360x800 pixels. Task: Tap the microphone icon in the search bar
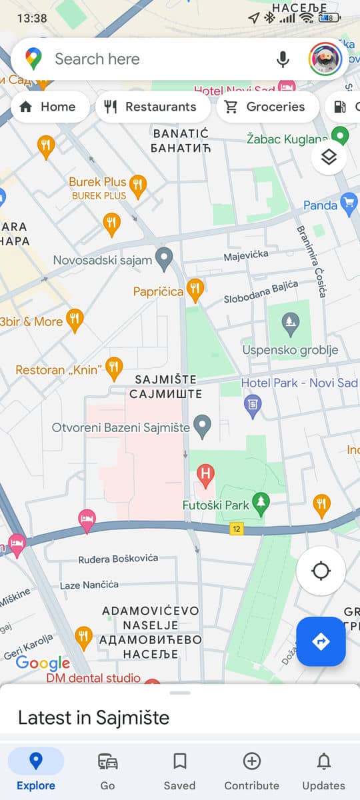(283, 59)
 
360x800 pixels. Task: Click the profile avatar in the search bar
(325, 59)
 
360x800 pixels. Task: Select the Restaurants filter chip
(153, 107)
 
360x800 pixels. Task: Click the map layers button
(329, 157)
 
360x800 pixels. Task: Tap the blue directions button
(321, 641)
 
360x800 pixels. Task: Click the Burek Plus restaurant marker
(138, 185)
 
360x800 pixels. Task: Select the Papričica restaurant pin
(195, 289)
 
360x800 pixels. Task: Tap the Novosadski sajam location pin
(164, 258)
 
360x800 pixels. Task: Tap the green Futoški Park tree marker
(260, 504)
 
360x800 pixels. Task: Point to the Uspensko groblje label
(290, 350)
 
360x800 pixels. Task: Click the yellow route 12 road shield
(236, 529)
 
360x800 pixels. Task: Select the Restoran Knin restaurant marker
(115, 367)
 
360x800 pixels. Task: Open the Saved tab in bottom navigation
(179, 769)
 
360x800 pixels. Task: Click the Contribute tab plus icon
(251, 761)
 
